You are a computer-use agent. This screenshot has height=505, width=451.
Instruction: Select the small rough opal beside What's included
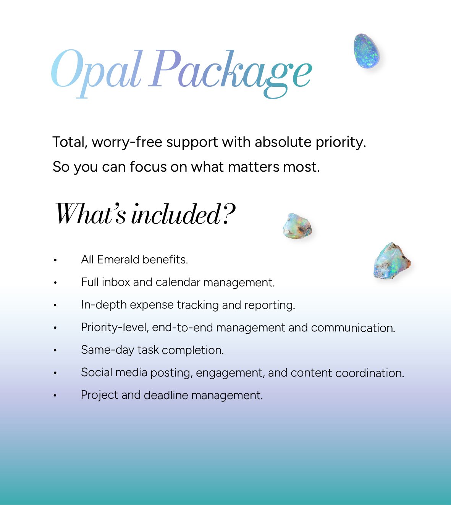tap(297, 226)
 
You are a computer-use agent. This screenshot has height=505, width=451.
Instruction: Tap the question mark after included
tap(228, 214)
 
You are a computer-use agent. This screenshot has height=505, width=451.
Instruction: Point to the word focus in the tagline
tap(148, 167)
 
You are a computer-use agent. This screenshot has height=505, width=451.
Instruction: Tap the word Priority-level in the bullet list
tap(115, 328)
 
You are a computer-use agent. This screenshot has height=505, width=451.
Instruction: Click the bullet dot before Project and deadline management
tap(55, 395)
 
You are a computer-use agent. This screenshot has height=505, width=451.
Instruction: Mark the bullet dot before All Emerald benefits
tap(55, 260)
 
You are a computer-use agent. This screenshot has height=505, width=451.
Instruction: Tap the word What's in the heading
tap(90, 214)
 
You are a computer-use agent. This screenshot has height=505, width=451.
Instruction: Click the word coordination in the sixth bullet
tap(369, 373)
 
